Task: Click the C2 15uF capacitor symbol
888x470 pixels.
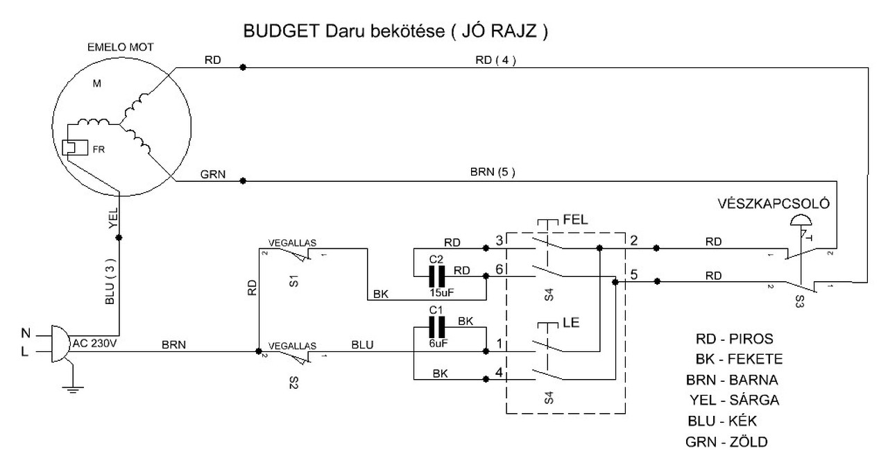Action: (x=437, y=276)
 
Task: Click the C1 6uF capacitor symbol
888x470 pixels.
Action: (x=437, y=327)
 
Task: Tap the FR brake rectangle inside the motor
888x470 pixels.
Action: (x=75, y=148)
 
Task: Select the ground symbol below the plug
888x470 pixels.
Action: (x=73, y=389)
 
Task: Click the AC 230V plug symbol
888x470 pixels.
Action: (x=60, y=344)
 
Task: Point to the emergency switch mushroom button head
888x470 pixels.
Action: (x=801, y=220)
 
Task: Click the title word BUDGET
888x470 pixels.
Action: (x=282, y=31)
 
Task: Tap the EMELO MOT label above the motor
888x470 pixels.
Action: (x=121, y=48)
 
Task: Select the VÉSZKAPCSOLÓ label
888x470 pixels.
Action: (x=774, y=203)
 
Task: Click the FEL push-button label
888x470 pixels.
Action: (x=576, y=219)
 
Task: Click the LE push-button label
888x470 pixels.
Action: (x=571, y=322)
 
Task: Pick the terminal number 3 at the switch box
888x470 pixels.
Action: (x=499, y=240)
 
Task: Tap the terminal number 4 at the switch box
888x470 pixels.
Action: (x=499, y=372)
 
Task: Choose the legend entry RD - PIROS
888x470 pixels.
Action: (x=735, y=339)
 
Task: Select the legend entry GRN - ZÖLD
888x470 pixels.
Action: (x=726, y=442)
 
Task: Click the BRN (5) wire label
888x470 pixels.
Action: (x=493, y=172)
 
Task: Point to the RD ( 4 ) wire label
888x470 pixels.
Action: (x=496, y=60)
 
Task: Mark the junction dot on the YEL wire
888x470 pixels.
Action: (x=119, y=237)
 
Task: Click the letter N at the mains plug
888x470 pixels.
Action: (x=26, y=333)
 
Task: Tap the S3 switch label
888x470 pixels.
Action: (x=800, y=301)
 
